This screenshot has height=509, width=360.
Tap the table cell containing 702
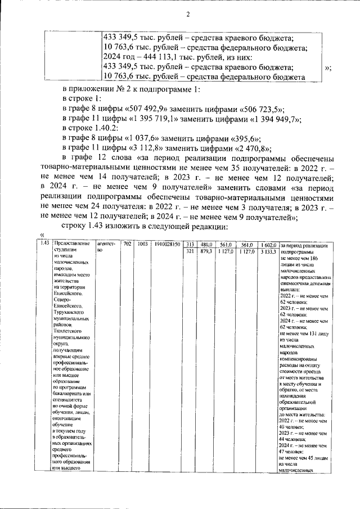tap(127, 244)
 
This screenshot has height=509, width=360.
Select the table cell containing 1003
tap(142, 244)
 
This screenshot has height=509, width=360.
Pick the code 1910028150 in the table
tap(167, 244)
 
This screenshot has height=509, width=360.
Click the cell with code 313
tap(190, 244)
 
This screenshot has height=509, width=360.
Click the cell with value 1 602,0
tap(267, 244)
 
